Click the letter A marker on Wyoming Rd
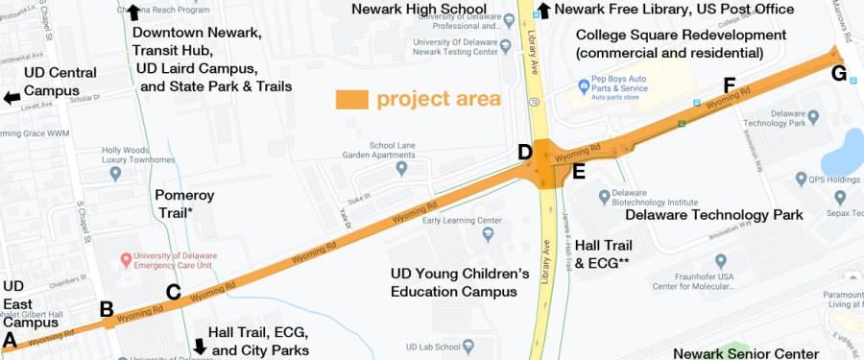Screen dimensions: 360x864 [11, 339]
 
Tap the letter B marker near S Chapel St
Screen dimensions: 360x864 [107, 309]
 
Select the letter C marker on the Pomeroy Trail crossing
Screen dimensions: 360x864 [173, 292]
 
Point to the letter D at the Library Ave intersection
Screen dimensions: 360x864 [525, 152]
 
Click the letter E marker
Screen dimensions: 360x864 [578, 173]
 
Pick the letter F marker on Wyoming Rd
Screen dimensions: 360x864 [730, 86]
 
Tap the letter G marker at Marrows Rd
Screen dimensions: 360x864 [838, 73]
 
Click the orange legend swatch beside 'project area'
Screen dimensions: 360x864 [351, 99]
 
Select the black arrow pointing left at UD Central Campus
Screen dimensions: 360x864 [11, 98]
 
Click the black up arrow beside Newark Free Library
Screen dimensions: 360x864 [543, 11]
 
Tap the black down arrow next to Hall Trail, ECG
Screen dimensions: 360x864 [200, 346]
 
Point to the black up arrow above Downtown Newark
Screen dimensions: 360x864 [133, 11]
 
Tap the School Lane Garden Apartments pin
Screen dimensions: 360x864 [402, 168]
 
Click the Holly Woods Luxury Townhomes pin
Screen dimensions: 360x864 [115, 174]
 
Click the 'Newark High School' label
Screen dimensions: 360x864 [420, 10]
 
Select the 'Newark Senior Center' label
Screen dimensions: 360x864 [739, 352]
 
